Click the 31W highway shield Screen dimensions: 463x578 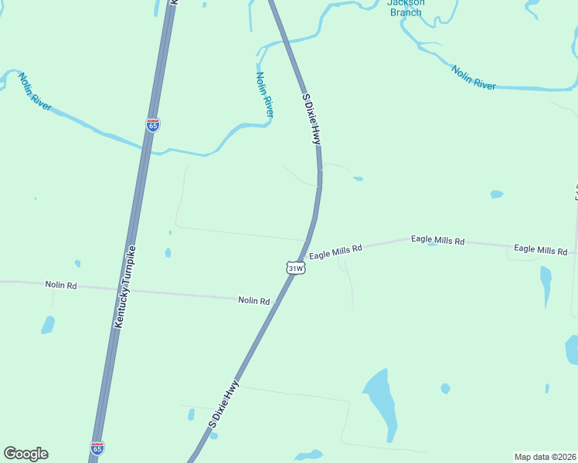pos(295,268)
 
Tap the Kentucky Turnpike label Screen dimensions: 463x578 pos(125,287)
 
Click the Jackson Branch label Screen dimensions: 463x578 pos(406,7)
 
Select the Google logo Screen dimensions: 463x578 pos(25,454)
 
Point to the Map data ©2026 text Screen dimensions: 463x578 pos(545,457)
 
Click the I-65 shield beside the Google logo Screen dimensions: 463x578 pos(97,448)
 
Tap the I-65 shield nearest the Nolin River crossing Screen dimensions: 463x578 pos(153,125)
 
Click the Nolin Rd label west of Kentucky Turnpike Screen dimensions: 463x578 pos(61,285)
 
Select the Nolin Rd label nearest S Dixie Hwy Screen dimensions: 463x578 pos(253,300)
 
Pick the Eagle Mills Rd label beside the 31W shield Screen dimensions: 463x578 pos(335,251)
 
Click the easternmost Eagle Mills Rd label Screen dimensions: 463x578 pos(540,249)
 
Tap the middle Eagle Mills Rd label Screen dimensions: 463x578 pos(437,241)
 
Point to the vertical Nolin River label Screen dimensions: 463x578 pos(264,94)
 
